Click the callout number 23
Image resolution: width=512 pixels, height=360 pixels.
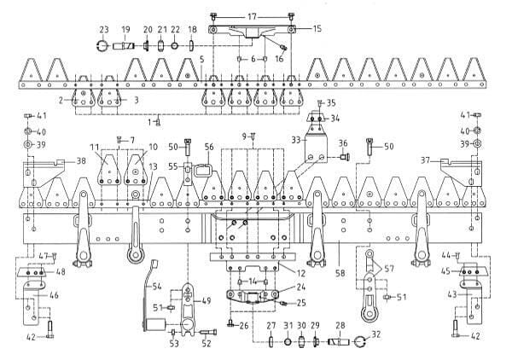(x=104, y=28)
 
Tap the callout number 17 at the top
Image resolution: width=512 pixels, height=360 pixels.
(x=252, y=16)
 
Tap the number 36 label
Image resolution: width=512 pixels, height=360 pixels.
(x=342, y=142)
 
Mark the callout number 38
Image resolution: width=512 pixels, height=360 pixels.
(x=81, y=160)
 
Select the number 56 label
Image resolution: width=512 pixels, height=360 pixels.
(x=208, y=146)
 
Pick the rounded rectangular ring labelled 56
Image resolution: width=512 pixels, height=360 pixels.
(x=202, y=169)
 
